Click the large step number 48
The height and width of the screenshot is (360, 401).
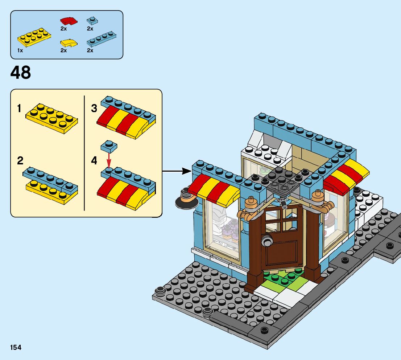pyautogui.click(x=21, y=73)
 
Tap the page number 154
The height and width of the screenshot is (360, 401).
pyautogui.click(x=16, y=348)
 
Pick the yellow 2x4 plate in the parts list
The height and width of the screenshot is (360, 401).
pyautogui.click(x=34, y=37)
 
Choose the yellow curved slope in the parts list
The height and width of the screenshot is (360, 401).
pyautogui.click(x=69, y=43)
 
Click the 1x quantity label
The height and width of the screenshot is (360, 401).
pyautogui.click(x=20, y=50)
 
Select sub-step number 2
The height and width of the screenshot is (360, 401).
pyautogui.click(x=20, y=160)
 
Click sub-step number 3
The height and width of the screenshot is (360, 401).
pyautogui.click(x=94, y=108)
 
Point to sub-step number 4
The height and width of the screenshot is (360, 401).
pyautogui.click(x=94, y=160)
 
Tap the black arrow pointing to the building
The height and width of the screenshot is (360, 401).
pyautogui.click(x=178, y=171)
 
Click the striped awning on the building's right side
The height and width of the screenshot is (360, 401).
pyautogui.click(x=345, y=177)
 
